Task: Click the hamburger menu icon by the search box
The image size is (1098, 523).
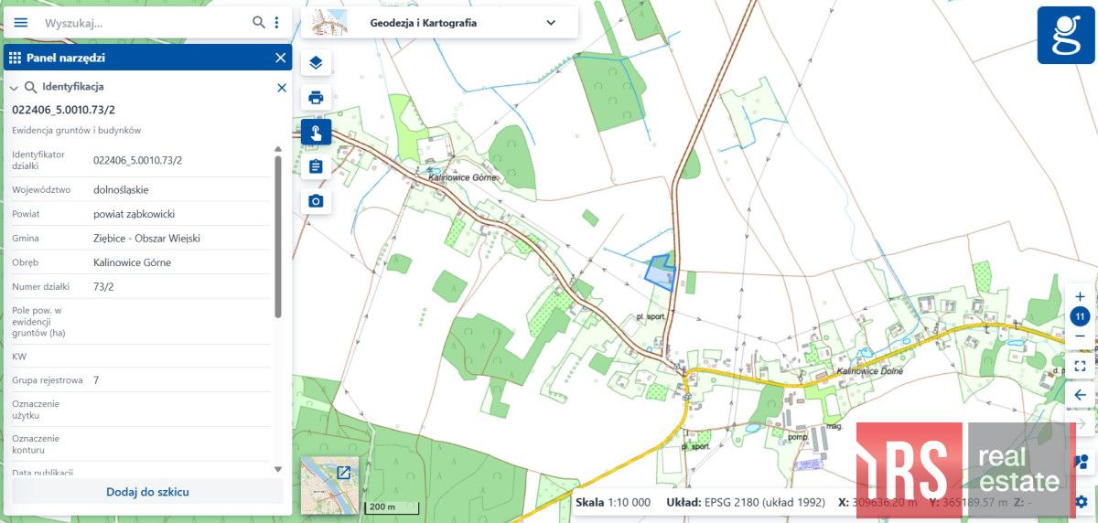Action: point(20,22)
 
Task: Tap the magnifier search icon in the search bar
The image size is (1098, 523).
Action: point(259,22)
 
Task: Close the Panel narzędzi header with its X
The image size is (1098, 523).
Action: point(281,58)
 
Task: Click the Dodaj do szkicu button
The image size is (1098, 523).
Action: point(147,492)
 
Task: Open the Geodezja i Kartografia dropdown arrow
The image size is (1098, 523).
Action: point(551,23)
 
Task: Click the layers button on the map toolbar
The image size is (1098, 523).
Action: point(316,63)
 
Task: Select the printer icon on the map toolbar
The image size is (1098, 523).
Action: point(316,97)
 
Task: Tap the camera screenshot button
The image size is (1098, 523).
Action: point(316,200)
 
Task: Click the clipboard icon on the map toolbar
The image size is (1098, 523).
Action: point(316,166)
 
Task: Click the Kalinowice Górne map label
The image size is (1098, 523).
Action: point(462,177)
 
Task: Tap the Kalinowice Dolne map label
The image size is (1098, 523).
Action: point(869,372)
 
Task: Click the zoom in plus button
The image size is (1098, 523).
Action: point(1080,296)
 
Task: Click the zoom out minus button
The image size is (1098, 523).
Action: point(1080,336)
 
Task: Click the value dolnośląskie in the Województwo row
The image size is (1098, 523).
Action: point(121,190)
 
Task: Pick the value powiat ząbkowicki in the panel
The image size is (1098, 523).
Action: point(134,214)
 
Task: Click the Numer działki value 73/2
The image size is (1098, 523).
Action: point(103,286)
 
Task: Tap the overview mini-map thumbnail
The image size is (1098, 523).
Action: point(328,485)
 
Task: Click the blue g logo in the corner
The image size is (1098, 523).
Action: point(1066,35)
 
